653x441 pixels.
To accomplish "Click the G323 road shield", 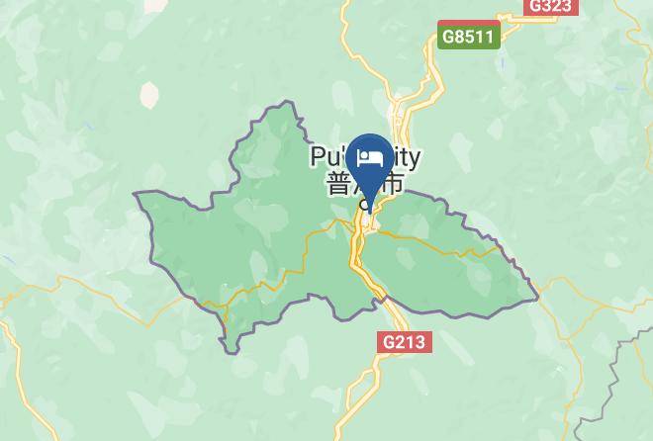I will point(549,6).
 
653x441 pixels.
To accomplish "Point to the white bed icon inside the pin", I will point(371,157).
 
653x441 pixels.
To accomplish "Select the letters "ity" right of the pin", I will point(406,157).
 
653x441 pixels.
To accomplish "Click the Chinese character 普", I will point(336,184).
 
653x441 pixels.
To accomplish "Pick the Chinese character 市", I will point(393,184).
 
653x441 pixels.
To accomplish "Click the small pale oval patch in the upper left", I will point(149,94).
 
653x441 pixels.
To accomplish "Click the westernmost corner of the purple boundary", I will point(135,194).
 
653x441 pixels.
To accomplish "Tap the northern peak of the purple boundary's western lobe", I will point(288,101).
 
